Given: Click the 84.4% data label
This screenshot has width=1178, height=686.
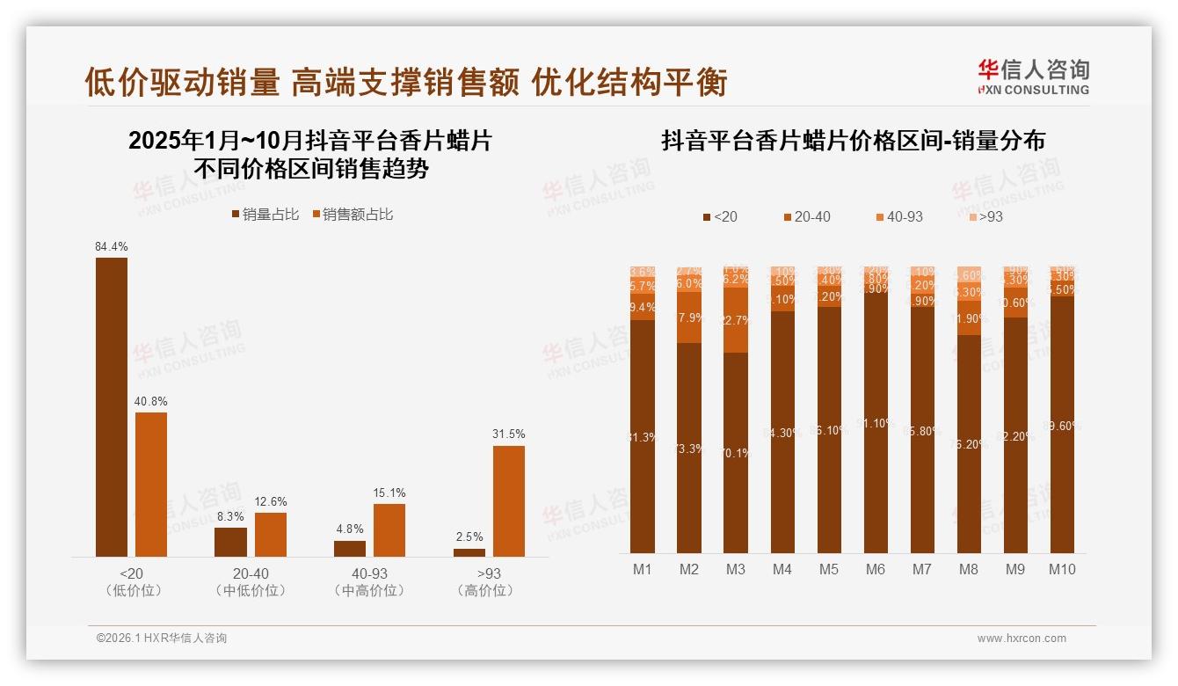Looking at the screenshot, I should (111, 247).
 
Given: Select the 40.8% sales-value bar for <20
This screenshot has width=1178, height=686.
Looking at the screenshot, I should (151, 484).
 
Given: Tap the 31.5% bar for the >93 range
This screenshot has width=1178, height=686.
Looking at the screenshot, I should (508, 500).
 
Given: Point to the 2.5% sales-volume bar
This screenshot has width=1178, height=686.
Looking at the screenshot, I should (469, 552).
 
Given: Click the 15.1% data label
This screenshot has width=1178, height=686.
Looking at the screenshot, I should (389, 493).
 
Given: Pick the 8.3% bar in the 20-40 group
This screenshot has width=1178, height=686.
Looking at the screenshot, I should (230, 542).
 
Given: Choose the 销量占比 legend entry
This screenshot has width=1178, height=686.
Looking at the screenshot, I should (265, 215).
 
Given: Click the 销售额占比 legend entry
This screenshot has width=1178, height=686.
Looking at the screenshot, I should (352, 215).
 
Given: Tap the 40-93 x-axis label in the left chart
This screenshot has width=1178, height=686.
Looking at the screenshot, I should (369, 573).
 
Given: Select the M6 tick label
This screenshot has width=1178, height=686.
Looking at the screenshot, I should (875, 569).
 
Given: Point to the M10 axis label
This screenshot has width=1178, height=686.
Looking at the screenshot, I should (1062, 569).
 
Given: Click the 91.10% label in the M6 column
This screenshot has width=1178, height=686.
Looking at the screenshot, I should (876, 423).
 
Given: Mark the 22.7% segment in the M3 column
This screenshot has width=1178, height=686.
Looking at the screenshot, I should (736, 320).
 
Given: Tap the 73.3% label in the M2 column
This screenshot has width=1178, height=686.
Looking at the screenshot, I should (689, 449).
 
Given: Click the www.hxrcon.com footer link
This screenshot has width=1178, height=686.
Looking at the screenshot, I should (1022, 639).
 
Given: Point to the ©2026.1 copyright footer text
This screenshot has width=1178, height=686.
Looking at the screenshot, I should (162, 639).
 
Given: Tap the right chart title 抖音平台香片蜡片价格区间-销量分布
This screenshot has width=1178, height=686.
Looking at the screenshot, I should (853, 141).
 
